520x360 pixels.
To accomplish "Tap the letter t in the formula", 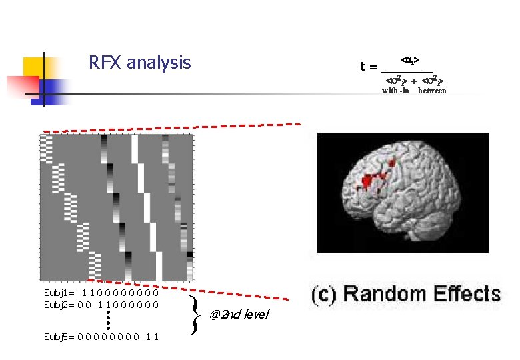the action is tap(363, 67).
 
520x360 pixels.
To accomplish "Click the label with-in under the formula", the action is tap(395, 91).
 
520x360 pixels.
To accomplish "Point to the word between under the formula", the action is tap(432, 91).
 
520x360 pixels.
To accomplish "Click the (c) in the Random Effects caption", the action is tap(325, 294).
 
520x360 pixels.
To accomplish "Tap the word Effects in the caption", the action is tap(467, 294).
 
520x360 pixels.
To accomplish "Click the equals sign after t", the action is tap(373, 67).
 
